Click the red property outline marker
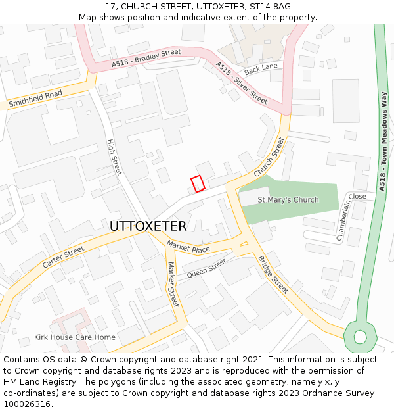[x=198, y=183]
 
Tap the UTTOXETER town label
[x=148, y=226]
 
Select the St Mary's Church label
[x=288, y=200]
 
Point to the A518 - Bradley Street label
[x=146, y=57]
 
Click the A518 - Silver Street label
[x=242, y=83]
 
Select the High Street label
[x=114, y=157]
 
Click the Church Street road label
[x=270, y=157]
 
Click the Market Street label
[x=173, y=284]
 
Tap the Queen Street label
[x=206, y=268]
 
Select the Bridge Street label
[x=273, y=274]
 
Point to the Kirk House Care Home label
[x=75, y=337]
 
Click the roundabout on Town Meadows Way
[x=360, y=337]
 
